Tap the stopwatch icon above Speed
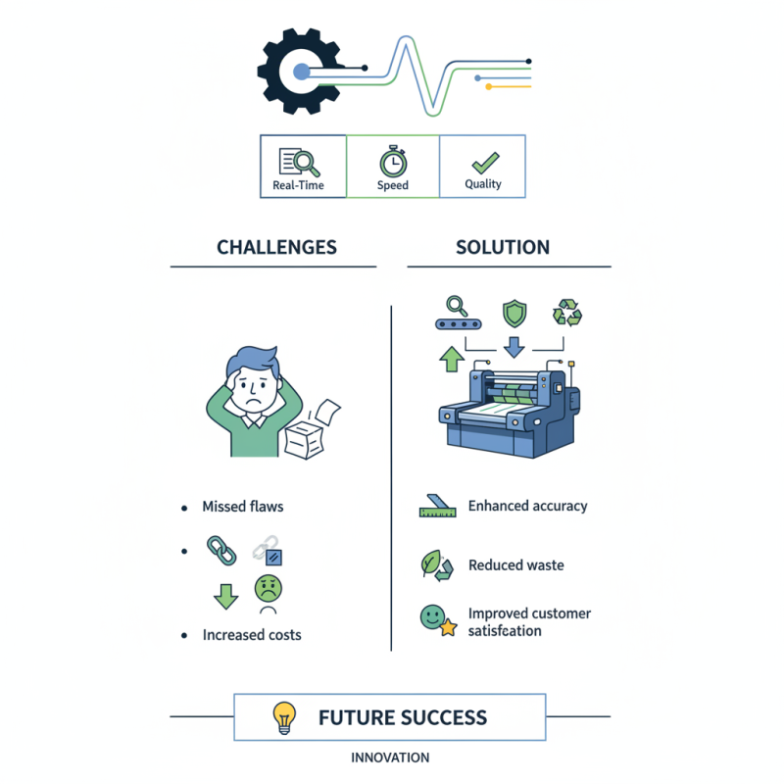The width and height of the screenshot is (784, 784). point(392,159)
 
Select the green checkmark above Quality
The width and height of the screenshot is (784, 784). point(483,160)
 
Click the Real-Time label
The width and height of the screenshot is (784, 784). point(298,185)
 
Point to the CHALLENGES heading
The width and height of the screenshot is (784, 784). point(276,247)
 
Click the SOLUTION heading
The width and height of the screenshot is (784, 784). point(503,247)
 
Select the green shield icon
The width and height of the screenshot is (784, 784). point(514,314)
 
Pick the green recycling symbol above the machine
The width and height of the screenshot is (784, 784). point(567,314)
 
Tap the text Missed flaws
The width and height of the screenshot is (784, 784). point(242,507)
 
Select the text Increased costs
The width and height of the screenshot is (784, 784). point(252,635)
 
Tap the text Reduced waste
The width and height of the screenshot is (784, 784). point(515,565)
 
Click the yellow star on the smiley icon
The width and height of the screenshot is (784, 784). point(448,628)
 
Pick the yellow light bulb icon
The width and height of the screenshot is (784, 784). point(284,718)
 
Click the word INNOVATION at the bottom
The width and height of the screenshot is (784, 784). point(390,758)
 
